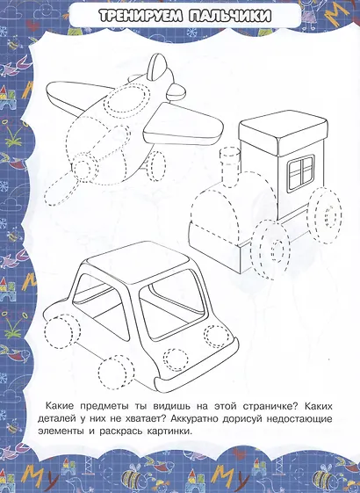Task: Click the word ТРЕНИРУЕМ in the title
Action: [x=140, y=16]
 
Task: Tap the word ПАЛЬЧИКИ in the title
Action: [x=230, y=16]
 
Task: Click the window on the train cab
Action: [x=301, y=172]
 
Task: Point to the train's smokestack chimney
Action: [x=231, y=167]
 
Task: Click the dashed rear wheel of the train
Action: [x=326, y=214]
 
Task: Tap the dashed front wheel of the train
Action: [x=270, y=249]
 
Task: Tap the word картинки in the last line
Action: [x=169, y=431]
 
